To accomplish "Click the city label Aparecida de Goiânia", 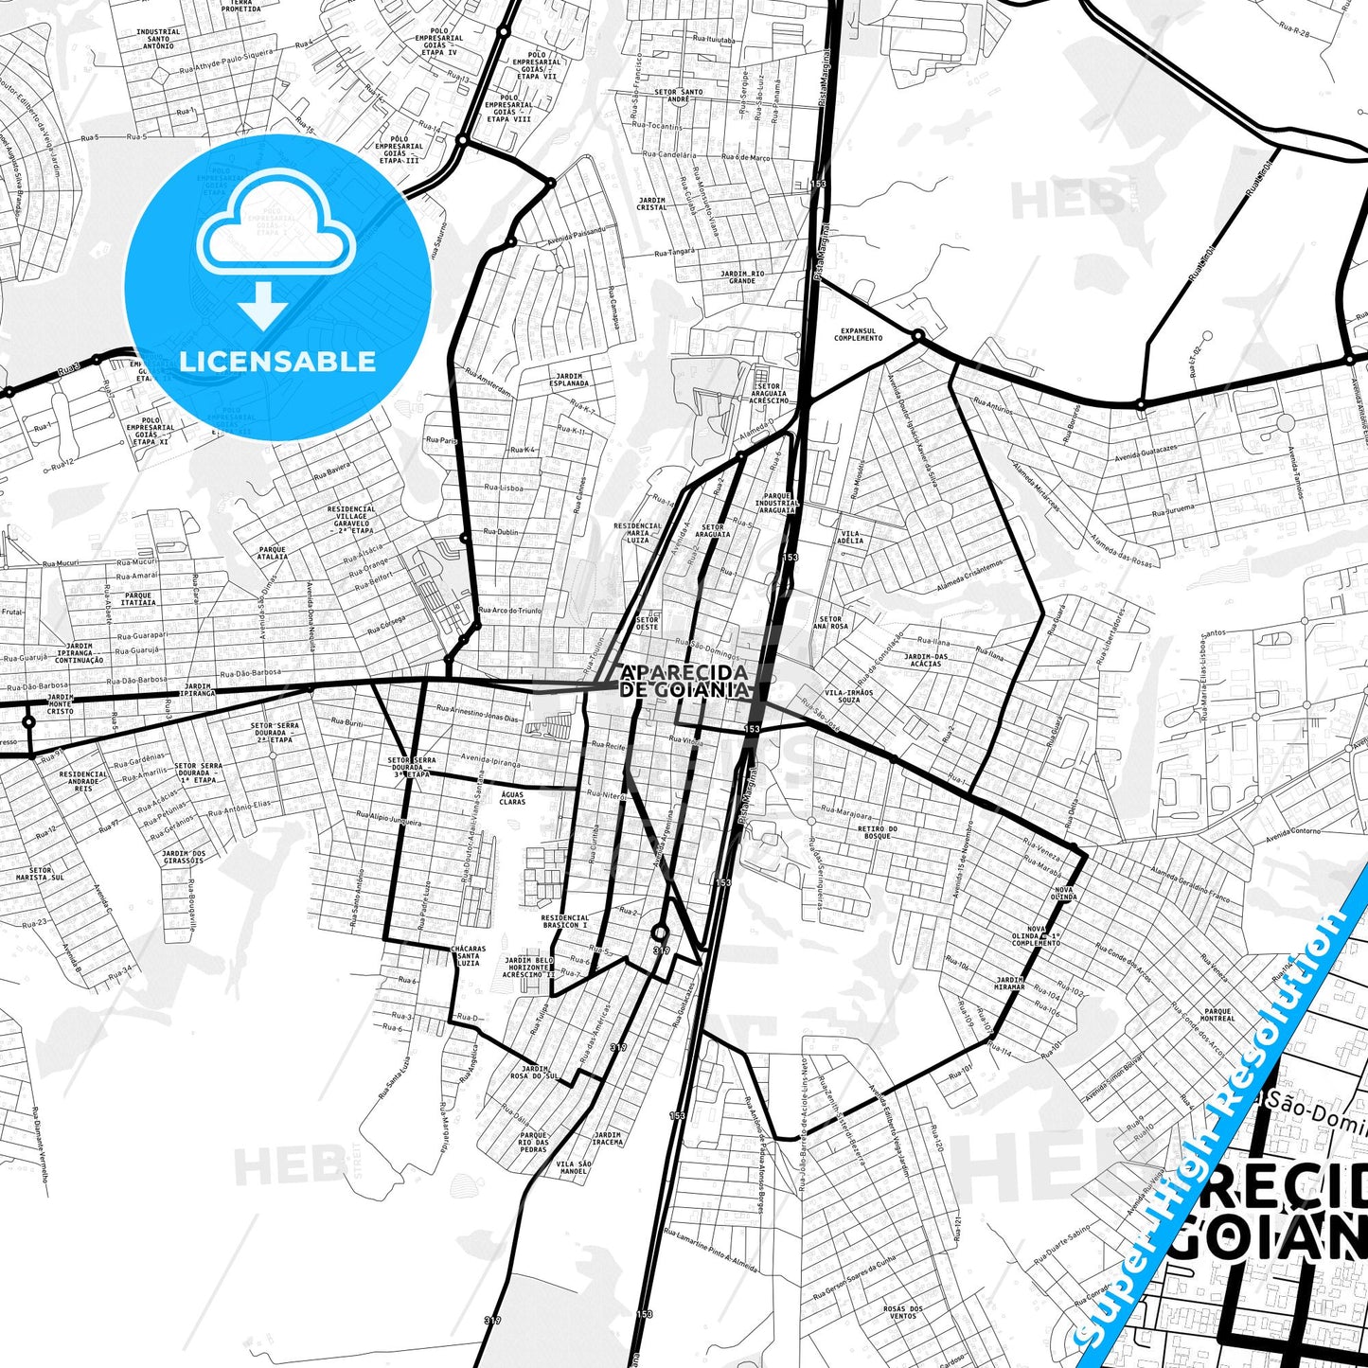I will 684,681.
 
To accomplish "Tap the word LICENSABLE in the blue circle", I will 277,361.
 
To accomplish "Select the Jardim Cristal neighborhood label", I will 652,204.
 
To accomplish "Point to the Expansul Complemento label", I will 858,334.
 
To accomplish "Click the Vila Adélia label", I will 851,537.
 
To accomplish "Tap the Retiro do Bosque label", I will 878,831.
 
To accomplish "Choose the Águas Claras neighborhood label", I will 512,797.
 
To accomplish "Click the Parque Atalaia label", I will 272,552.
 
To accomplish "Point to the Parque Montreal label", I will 1217,1015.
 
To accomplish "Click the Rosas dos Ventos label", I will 903,1312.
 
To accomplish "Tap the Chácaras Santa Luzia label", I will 468,954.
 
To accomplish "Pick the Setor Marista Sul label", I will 46,873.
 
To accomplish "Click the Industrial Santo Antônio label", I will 158,38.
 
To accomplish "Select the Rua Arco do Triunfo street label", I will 510,611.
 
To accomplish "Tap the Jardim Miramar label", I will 1009,983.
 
